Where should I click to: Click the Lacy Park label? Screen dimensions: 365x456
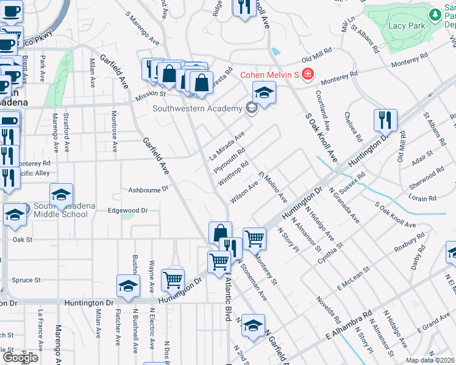406,26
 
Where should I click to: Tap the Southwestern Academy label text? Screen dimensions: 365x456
197,109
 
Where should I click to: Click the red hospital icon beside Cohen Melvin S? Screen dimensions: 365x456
307,75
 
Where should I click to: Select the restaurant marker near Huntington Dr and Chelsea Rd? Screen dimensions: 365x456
385,120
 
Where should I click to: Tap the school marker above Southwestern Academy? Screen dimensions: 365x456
264,92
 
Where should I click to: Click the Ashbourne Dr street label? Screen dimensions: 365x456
148,190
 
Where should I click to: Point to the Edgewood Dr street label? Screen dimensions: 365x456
127,210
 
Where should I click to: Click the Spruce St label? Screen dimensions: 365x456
26,280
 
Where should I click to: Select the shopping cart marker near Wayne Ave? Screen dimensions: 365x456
173,280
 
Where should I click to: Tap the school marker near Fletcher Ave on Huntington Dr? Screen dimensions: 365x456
128,285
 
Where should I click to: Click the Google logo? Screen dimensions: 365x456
20,357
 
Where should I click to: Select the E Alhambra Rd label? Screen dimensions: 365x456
349,326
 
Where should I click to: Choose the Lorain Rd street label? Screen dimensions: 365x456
423,198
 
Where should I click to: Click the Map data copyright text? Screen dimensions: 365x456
430,360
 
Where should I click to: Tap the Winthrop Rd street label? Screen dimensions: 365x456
233,174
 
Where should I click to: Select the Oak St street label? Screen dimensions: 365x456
22,240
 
